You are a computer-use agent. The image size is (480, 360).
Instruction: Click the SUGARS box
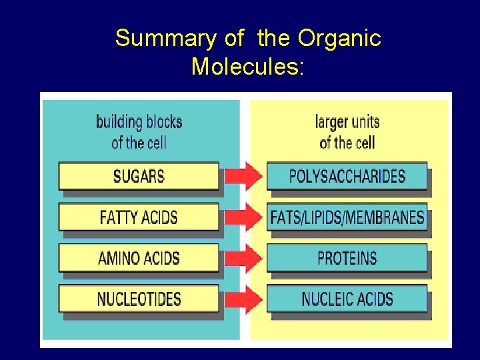[x=139, y=177]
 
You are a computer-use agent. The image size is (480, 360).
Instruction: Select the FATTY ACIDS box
[x=139, y=217]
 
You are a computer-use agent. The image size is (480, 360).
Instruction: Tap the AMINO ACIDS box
[x=139, y=258]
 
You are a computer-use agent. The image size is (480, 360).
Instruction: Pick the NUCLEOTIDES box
[x=139, y=299]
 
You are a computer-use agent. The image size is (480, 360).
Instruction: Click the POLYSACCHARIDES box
[x=347, y=177]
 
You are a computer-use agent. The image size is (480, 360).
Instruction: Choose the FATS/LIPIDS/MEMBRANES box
[x=347, y=217]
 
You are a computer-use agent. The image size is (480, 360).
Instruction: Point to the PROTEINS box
[x=347, y=258]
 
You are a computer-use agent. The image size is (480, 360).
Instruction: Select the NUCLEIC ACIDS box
[x=347, y=299]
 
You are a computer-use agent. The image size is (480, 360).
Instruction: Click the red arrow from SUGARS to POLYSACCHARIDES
[x=243, y=177]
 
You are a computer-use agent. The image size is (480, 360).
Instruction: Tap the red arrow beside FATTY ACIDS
[x=243, y=217]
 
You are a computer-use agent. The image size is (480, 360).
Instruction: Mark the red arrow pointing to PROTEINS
[x=243, y=258]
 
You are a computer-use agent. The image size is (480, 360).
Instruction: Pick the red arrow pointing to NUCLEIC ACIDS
[x=243, y=299]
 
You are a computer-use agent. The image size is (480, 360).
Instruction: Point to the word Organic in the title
[x=339, y=39]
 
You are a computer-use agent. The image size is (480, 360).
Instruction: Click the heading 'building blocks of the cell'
[x=139, y=132]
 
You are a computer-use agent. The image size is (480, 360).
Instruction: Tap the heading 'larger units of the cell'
[x=347, y=132]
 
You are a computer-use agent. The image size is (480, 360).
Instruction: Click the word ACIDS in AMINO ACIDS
[x=160, y=258]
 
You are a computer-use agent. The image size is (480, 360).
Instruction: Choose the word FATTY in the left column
[x=120, y=217]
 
